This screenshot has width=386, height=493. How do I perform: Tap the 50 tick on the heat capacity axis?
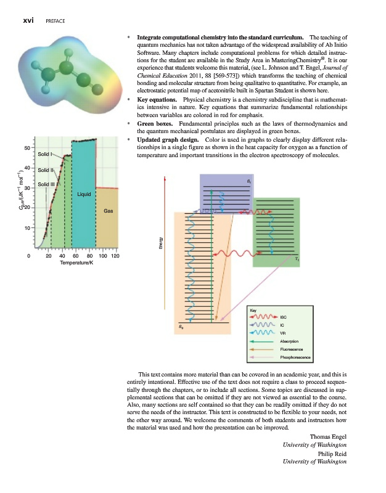point(27,148)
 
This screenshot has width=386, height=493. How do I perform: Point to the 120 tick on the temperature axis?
point(115,256)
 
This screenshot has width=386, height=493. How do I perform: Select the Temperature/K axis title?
point(76,264)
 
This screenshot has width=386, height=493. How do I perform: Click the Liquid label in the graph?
point(84,194)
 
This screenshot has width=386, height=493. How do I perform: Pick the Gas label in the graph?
point(108,211)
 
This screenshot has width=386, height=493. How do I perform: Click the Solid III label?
point(46,184)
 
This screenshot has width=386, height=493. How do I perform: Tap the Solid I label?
point(45,154)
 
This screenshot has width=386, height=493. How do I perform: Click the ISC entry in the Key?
point(284,317)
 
